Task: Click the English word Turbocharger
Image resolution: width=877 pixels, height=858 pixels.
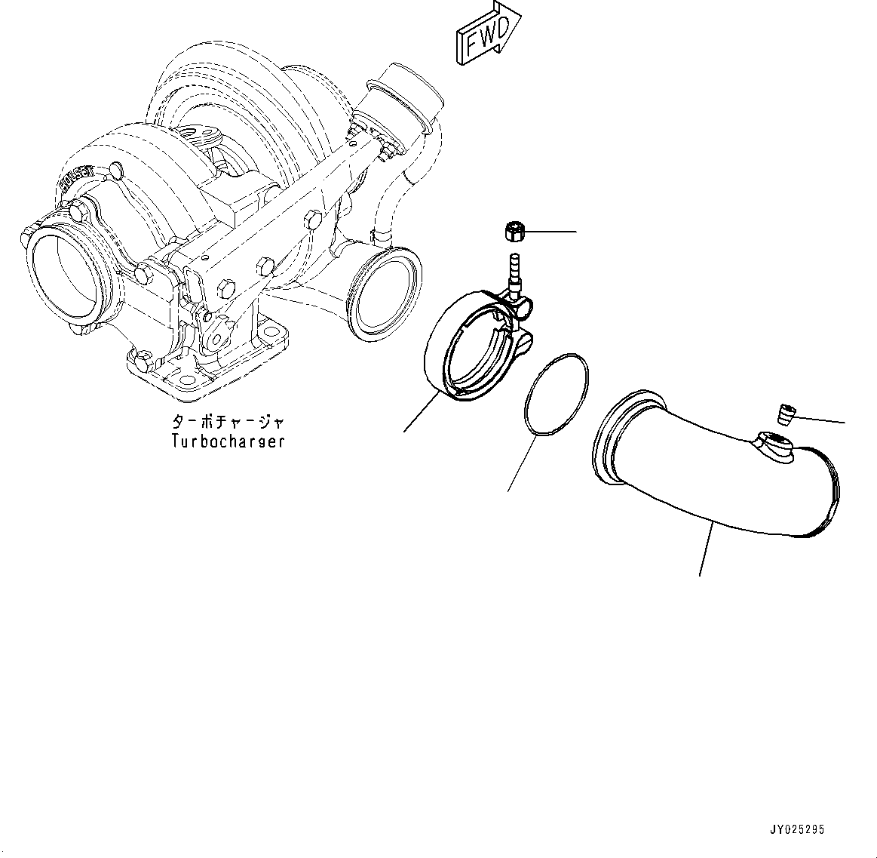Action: [x=228, y=441]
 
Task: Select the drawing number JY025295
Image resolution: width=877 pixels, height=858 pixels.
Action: [x=797, y=829]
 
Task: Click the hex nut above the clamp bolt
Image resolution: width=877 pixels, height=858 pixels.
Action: [x=514, y=230]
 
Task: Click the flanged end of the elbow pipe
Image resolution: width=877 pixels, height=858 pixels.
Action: [x=618, y=438]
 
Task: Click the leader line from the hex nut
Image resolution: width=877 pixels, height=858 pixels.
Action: [x=550, y=231]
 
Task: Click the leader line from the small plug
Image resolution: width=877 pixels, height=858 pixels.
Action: [x=822, y=419]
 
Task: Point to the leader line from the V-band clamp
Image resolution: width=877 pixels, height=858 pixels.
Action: [x=422, y=412]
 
